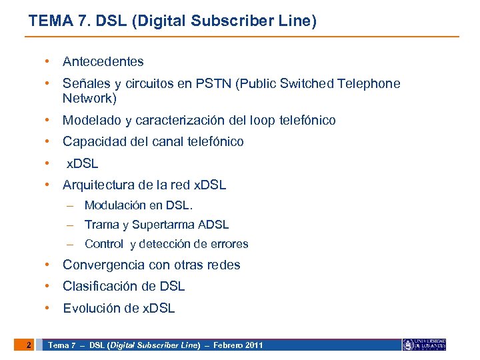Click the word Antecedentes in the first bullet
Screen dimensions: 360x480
[103, 62]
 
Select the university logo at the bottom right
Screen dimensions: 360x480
[424, 345]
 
